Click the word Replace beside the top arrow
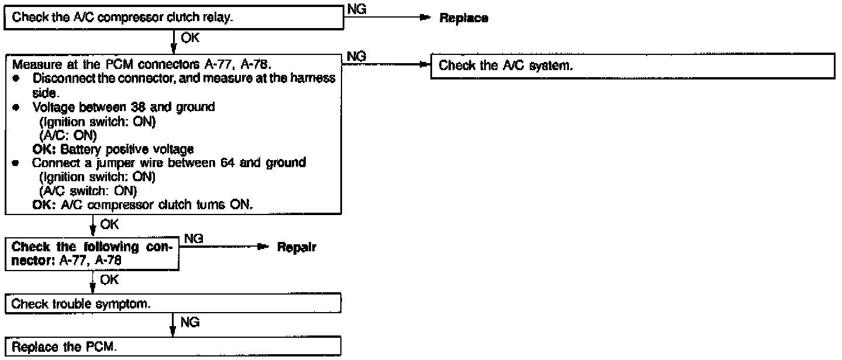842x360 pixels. coord(464,18)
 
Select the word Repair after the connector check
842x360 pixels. coord(296,248)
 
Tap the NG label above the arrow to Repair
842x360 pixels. coord(194,238)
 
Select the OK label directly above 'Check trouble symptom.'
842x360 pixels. coord(109,280)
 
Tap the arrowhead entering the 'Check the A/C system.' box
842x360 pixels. coord(425,66)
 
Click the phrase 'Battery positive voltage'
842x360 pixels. coord(127,150)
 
